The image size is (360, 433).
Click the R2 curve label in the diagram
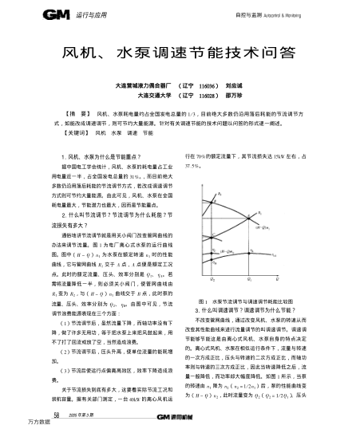220,194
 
